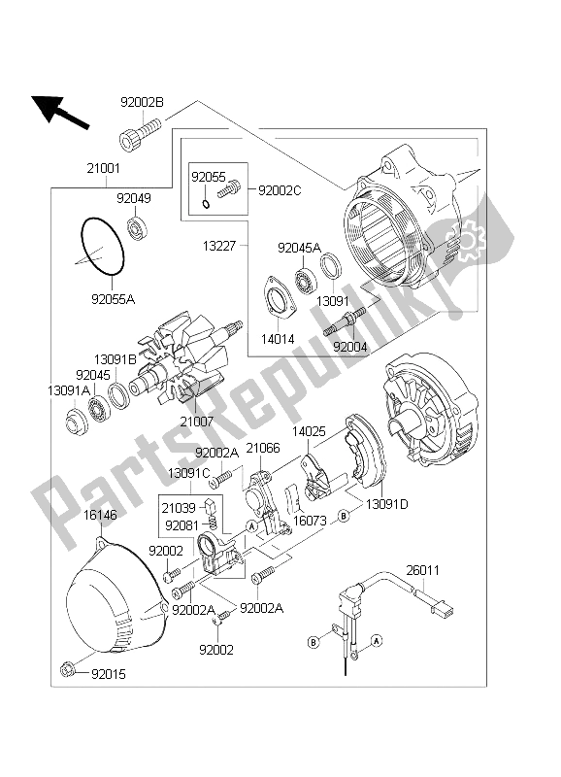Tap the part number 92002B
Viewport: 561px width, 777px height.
142,101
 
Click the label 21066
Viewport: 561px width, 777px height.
262,448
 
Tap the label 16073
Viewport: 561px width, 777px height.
311,521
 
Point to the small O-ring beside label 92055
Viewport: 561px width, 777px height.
206,203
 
